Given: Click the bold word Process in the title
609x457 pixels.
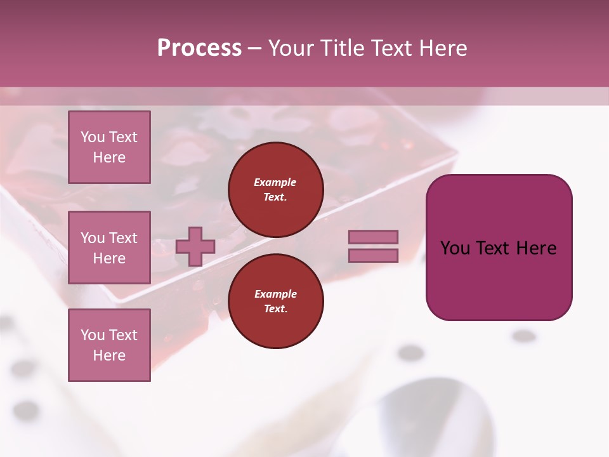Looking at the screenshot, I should tap(199, 48).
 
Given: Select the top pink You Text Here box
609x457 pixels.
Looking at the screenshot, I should tap(109, 147).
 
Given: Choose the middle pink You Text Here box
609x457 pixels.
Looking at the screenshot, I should tap(109, 248).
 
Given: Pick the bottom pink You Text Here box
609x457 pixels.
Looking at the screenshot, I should tap(109, 345).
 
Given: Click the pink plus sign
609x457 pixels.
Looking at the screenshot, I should tap(195, 247).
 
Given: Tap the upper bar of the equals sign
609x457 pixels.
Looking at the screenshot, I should tap(373, 237).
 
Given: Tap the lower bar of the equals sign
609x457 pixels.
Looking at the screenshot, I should tap(373, 256).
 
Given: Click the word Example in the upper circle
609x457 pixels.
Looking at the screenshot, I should tap(275, 182).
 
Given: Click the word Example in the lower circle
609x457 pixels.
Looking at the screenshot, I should tap(275, 294).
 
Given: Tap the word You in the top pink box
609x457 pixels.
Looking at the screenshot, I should tap(93, 137).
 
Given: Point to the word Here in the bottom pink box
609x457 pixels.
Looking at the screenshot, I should tap(109, 355).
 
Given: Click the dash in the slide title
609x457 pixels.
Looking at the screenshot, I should tap(255, 49).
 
